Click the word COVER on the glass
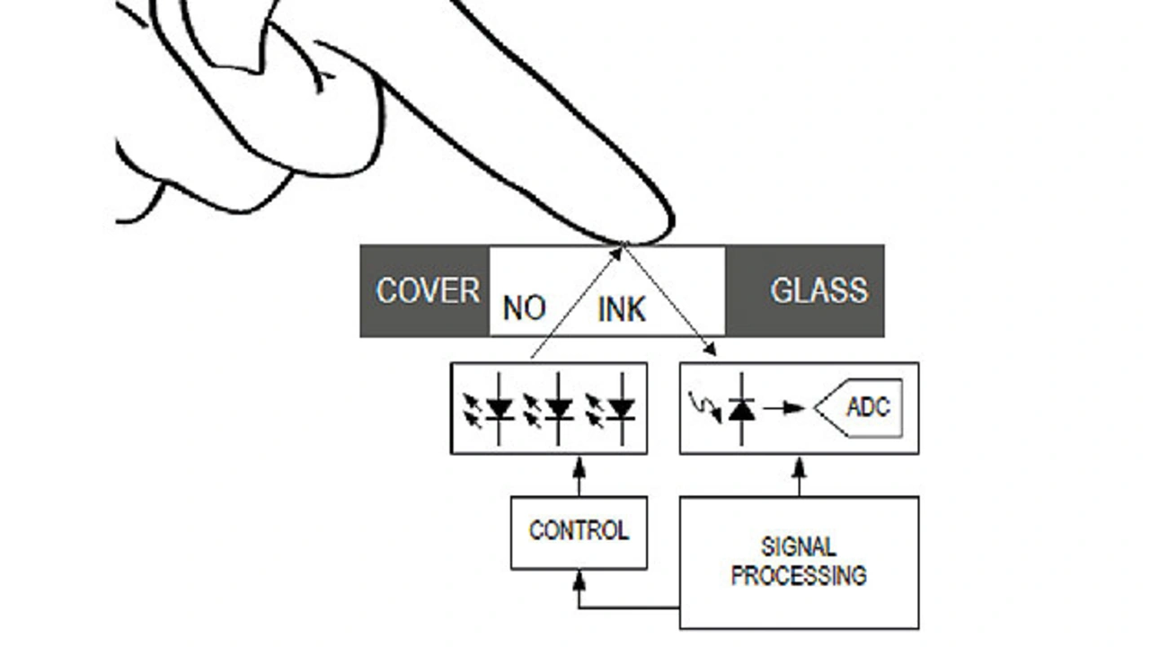pyautogui.click(x=428, y=290)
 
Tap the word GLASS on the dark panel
pyautogui.click(x=819, y=290)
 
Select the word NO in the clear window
pyautogui.click(x=524, y=308)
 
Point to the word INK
pyautogui.click(x=622, y=310)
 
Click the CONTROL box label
pyautogui.click(x=579, y=530)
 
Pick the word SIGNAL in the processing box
pyautogui.click(x=799, y=546)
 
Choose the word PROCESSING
pyautogui.click(x=799, y=575)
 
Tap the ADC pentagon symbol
pyautogui.click(x=858, y=408)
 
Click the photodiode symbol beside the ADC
pyautogui.click(x=741, y=409)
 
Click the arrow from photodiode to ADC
pyautogui.click(x=784, y=408)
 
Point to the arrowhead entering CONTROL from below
pyautogui.click(x=579, y=580)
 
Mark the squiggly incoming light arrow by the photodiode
pyautogui.click(x=705, y=407)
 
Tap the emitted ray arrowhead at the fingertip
pyautogui.click(x=616, y=254)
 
